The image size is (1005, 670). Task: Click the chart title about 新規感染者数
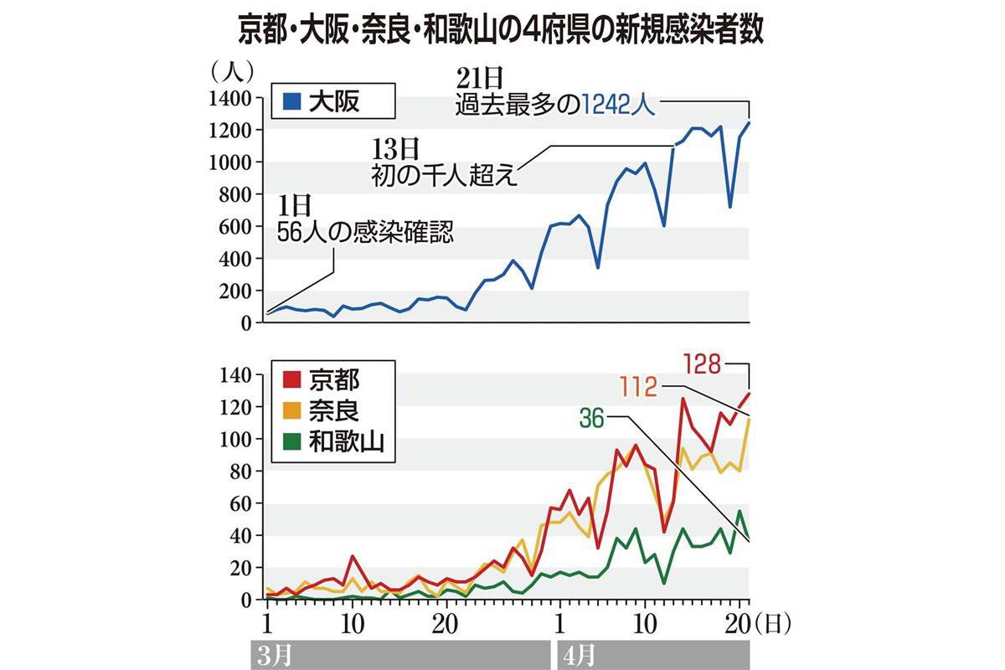click(502, 32)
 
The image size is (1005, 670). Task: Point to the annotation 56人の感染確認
click(365, 231)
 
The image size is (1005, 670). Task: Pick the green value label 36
click(591, 416)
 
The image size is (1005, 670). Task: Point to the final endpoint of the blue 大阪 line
click(749, 123)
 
